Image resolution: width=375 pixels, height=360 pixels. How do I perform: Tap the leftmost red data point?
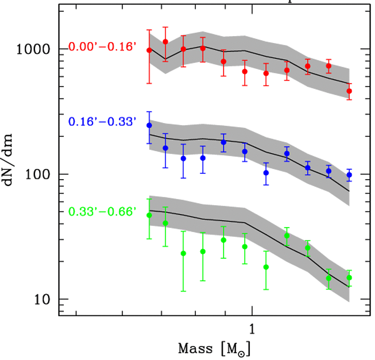(x=149, y=50)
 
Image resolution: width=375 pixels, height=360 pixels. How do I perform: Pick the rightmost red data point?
(x=349, y=91)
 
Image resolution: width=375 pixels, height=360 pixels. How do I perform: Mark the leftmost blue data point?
(x=149, y=126)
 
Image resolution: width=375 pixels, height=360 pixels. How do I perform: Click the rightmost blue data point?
(x=349, y=175)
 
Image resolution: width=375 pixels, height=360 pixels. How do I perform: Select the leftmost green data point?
(x=149, y=215)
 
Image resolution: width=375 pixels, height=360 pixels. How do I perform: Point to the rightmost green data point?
(x=349, y=277)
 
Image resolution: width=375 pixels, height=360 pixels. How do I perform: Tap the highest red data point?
(x=166, y=42)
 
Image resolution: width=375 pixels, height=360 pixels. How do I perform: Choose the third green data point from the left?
(x=183, y=253)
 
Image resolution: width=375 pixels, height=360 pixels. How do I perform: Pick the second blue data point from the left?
(x=166, y=148)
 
